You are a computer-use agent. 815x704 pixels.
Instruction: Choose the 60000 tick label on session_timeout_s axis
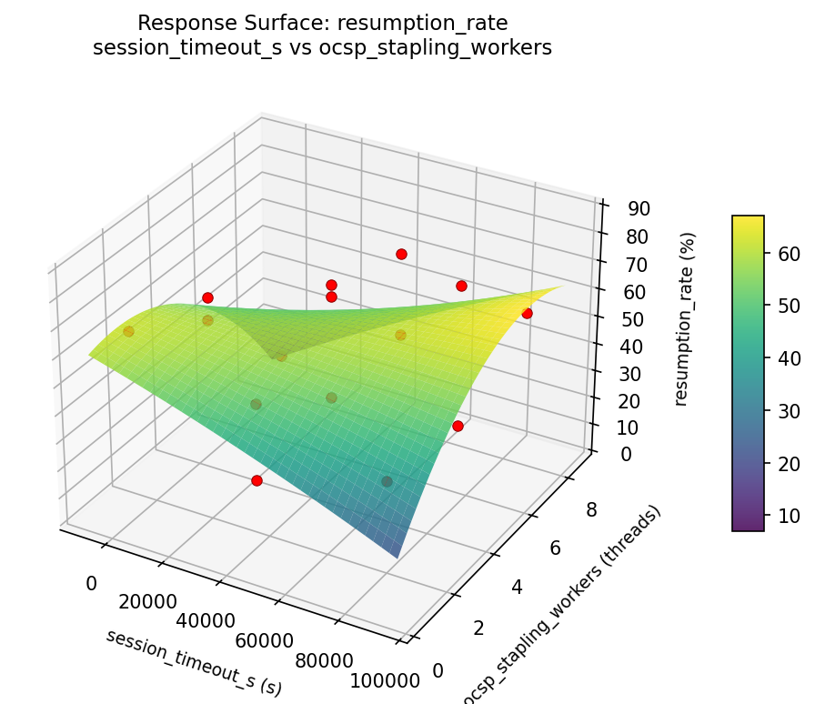pyautogui.click(x=264, y=640)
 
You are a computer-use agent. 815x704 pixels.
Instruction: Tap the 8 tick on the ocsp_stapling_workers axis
pyautogui.click(x=591, y=509)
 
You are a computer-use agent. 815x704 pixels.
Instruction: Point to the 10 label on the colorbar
pyautogui.click(x=778, y=516)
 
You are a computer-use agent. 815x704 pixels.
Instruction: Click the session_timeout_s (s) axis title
pyautogui.click(x=194, y=662)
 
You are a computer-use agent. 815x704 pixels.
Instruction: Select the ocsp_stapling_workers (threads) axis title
pyautogui.click(x=561, y=605)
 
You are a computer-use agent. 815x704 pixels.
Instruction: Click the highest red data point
pyautogui.click(x=401, y=254)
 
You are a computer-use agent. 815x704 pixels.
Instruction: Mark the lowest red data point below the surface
pyautogui.click(x=257, y=480)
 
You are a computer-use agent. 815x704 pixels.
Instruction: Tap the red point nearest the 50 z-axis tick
pyautogui.click(x=527, y=313)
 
